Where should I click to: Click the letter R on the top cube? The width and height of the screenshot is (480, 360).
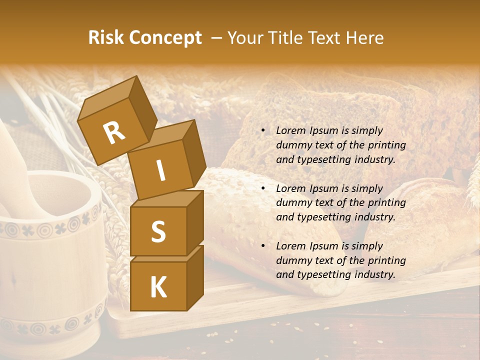click(114, 133)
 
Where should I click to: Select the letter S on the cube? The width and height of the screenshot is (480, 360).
click(158, 231)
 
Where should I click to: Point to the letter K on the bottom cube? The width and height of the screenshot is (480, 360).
click(158, 287)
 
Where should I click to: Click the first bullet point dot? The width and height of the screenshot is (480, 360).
click(262, 131)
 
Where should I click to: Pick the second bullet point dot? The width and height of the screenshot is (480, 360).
click(262, 189)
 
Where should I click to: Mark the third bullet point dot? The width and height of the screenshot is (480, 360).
click(262, 246)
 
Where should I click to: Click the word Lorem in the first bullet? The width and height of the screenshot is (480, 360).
click(289, 130)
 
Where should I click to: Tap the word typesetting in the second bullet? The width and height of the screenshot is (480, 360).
click(324, 217)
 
